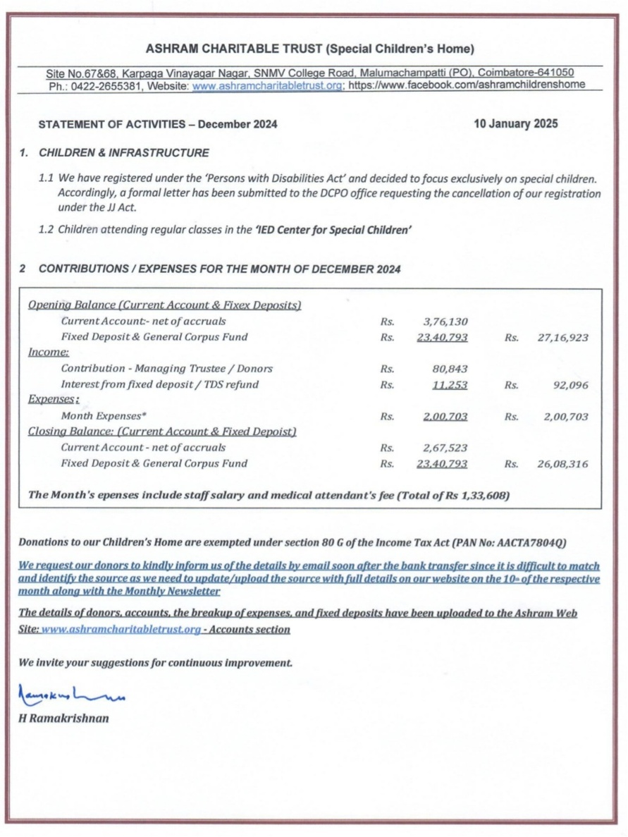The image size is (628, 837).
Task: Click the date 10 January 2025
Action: click(x=516, y=124)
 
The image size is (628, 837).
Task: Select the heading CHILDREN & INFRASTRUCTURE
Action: click(x=124, y=152)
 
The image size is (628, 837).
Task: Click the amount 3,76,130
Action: click(x=445, y=322)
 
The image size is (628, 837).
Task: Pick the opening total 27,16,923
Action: click(x=562, y=338)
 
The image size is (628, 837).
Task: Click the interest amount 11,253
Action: click(x=449, y=385)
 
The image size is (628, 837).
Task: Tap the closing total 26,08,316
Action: click(x=562, y=464)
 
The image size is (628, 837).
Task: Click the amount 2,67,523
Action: click(x=445, y=448)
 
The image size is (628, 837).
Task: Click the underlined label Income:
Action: click(x=48, y=353)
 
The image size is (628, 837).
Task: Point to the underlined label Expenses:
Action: click(x=52, y=400)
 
